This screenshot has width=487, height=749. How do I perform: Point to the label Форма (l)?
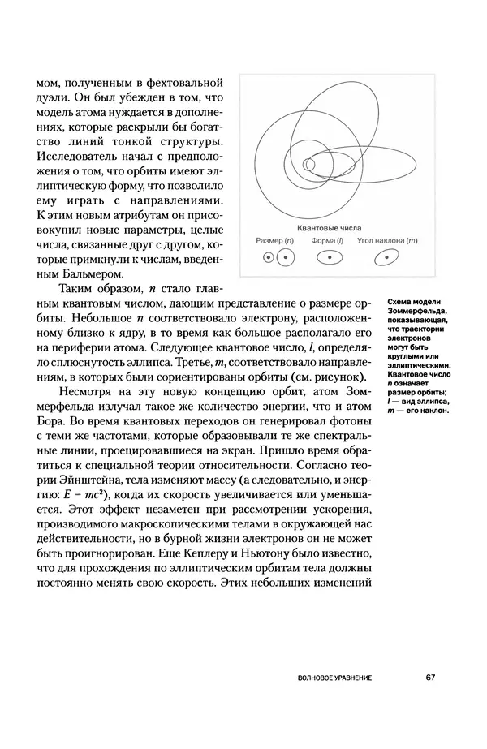[x=329, y=241]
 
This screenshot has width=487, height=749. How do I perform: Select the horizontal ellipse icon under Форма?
[x=330, y=259]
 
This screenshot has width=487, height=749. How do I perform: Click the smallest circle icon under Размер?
[x=266, y=259]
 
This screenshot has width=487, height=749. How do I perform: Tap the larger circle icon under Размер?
[x=285, y=259]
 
